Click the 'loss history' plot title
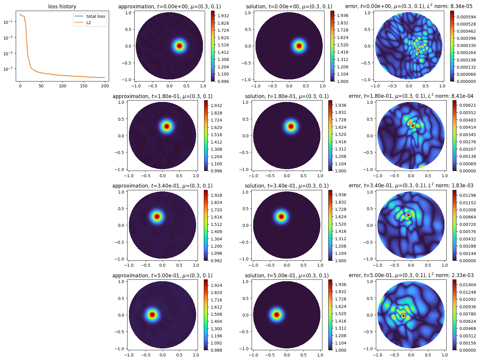pyautogui.click(x=62, y=7)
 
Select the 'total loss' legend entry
pyautogui.click(x=95, y=16)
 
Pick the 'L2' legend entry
pyautogui.click(x=89, y=23)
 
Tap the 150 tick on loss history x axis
pyautogui.click(x=84, y=86)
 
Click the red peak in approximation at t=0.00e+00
pyautogui.click(x=179, y=46)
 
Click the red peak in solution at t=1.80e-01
pyautogui.click(x=291, y=126)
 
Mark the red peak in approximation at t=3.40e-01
pyautogui.click(x=157, y=216)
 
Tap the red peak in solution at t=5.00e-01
pyautogui.click(x=277, y=315)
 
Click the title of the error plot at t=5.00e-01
pyautogui.click(x=411, y=275)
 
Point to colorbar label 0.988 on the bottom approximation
pyautogui.click(x=216, y=350)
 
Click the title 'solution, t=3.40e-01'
pyautogui.click(x=286, y=186)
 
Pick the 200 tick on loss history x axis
pyautogui.click(x=105, y=86)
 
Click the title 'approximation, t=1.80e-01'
pyautogui.click(x=162, y=96)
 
